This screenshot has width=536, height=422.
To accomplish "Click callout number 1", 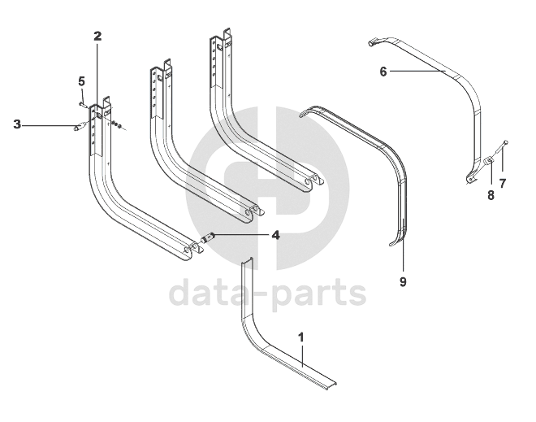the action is coord(301,336).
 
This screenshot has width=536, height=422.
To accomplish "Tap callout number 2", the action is coord(97,37).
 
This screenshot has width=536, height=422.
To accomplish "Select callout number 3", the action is coord(17,124).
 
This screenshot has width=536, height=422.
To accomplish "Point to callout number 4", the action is coord(275,235).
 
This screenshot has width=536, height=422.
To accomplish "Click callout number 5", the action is coord(81,80).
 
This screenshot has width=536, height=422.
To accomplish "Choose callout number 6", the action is coord(383,71).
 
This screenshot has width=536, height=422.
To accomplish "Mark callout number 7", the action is coord(502,183).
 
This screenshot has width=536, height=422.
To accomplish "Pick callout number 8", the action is coord(490,194).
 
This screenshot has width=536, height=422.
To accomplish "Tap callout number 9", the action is coord(403,281).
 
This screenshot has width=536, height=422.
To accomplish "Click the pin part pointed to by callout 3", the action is coord(80,126).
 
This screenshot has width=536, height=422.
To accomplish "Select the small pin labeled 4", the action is coord(209,238).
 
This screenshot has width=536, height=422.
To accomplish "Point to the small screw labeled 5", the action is coord(84,103).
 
